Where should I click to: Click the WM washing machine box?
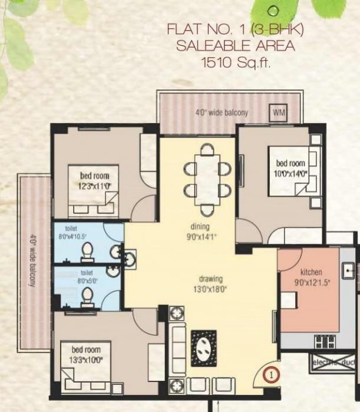click(278, 112)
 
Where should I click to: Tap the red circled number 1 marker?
click(270, 373)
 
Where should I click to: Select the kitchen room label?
click(312, 273)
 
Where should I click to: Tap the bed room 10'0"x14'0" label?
click(290, 168)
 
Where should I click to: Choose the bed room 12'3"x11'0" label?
click(95, 180)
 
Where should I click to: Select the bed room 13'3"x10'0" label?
click(86, 354)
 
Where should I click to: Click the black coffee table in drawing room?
click(203, 348)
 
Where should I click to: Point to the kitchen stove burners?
click(325, 341)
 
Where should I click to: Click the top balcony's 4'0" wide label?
click(222, 113)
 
